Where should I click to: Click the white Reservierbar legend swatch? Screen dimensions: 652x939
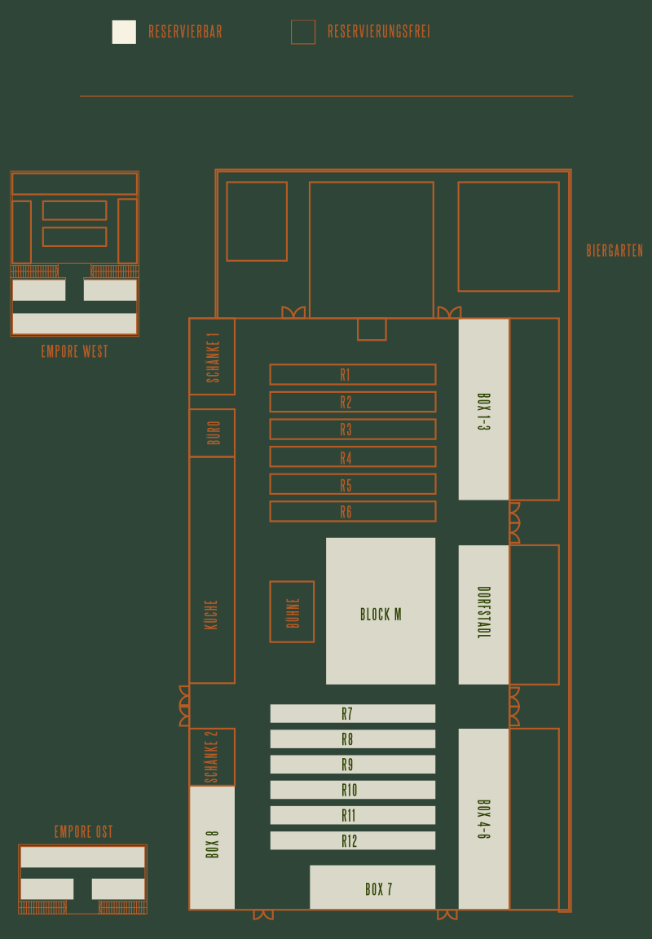(x=124, y=32)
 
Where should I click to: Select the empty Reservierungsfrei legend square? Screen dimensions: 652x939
(x=303, y=32)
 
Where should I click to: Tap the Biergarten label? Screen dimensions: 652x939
(x=615, y=250)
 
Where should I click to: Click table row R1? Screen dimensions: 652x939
(x=353, y=374)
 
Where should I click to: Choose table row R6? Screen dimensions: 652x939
(x=353, y=511)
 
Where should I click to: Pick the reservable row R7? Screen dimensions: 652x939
(x=353, y=713)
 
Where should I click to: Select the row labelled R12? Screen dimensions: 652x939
(x=353, y=840)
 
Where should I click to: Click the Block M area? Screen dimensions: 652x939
(x=381, y=611)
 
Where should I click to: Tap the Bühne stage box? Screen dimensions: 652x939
(x=292, y=611)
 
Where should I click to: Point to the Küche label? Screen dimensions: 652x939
(x=211, y=615)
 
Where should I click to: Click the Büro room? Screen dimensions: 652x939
(x=212, y=432)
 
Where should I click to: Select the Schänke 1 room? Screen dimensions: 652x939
(x=212, y=356)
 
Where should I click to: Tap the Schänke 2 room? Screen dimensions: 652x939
(x=212, y=757)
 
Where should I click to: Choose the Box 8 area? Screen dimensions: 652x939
(x=212, y=848)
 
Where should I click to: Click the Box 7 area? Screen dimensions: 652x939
(x=372, y=887)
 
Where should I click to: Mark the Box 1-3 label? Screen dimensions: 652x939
(x=484, y=412)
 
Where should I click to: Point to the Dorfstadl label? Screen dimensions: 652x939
(x=484, y=612)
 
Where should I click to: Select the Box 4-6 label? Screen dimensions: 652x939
(x=484, y=818)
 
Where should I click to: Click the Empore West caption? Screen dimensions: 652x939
(x=75, y=351)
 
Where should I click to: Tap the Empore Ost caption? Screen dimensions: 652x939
(x=84, y=831)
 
